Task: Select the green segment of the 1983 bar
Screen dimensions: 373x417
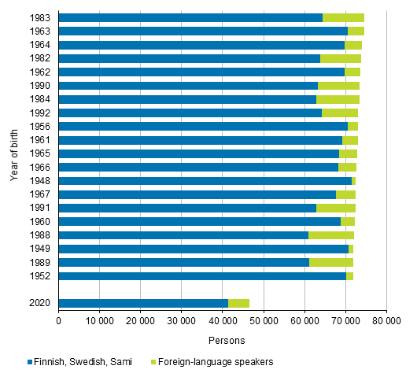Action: pyautogui.click(x=343, y=17)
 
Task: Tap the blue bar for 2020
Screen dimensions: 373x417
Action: pyautogui.click(x=143, y=303)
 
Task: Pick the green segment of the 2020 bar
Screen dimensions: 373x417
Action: pyautogui.click(x=238, y=303)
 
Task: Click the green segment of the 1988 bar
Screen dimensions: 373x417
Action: pyautogui.click(x=331, y=235)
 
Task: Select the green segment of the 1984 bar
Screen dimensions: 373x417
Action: pyautogui.click(x=338, y=99)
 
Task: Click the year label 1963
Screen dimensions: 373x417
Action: pyautogui.click(x=42, y=31)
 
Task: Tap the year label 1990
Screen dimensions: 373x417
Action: pyautogui.click(x=42, y=85)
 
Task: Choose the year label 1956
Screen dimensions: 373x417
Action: pyautogui.click(x=42, y=126)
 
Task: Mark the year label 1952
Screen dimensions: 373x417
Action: pyautogui.click(x=42, y=276)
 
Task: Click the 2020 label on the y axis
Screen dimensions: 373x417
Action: pyautogui.click(x=42, y=303)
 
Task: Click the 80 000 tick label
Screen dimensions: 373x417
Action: pyautogui.click(x=386, y=322)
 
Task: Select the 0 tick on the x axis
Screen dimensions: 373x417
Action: pyautogui.click(x=59, y=322)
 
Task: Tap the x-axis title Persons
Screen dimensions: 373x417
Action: pyautogui.click(x=222, y=340)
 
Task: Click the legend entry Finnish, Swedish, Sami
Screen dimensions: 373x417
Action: pyautogui.click(x=83, y=362)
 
